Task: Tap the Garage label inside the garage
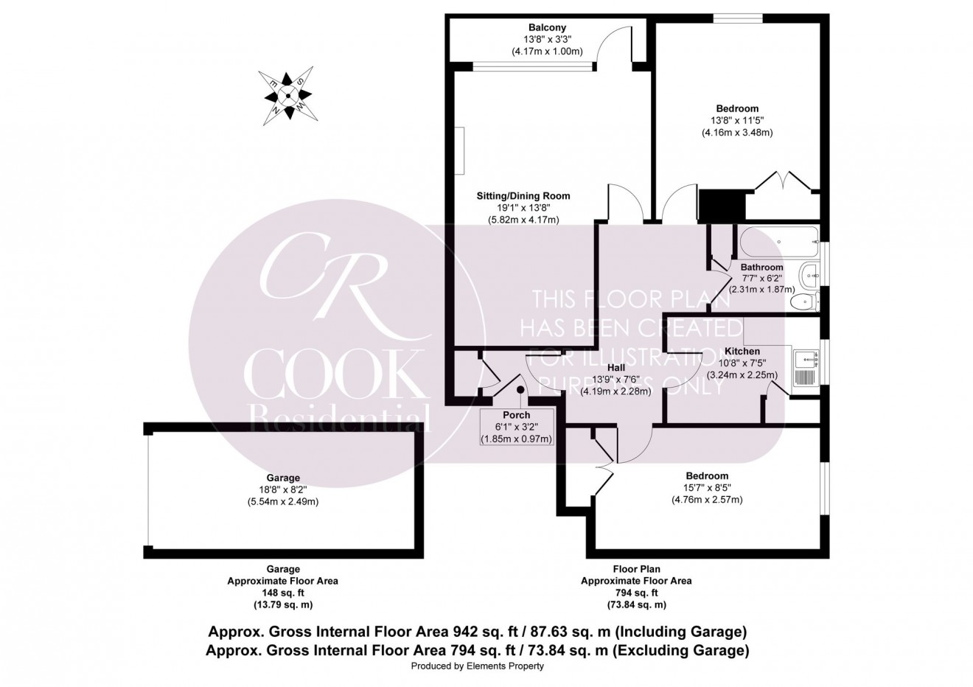283,478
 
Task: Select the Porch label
516,415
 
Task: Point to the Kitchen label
742,351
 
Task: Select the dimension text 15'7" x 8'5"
706,488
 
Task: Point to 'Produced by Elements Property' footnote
477,666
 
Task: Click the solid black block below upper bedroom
713,205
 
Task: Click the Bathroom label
761,267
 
